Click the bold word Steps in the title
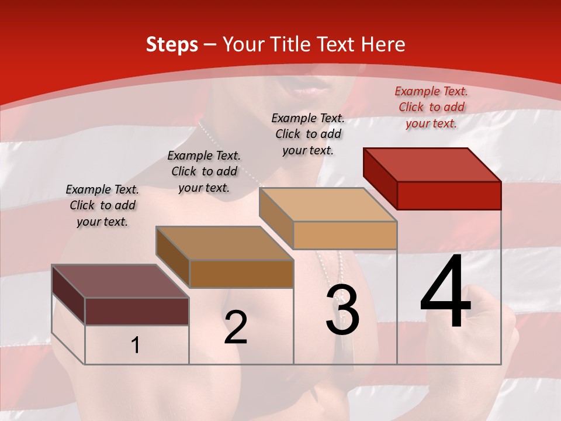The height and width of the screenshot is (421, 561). point(172,44)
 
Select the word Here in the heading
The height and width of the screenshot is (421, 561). point(383,44)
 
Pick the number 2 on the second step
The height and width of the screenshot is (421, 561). point(236,327)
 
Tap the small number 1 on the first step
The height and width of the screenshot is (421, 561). point(136,346)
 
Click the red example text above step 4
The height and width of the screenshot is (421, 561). point(431,107)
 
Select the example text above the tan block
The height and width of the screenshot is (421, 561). point(308,134)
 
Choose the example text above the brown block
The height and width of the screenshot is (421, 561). point(204,171)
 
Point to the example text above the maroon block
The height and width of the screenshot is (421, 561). point(102,205)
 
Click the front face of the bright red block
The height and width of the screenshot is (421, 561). point(449,195)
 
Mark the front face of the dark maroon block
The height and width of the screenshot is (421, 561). point(137,311)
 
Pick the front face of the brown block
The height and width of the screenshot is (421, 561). point(241,274)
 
